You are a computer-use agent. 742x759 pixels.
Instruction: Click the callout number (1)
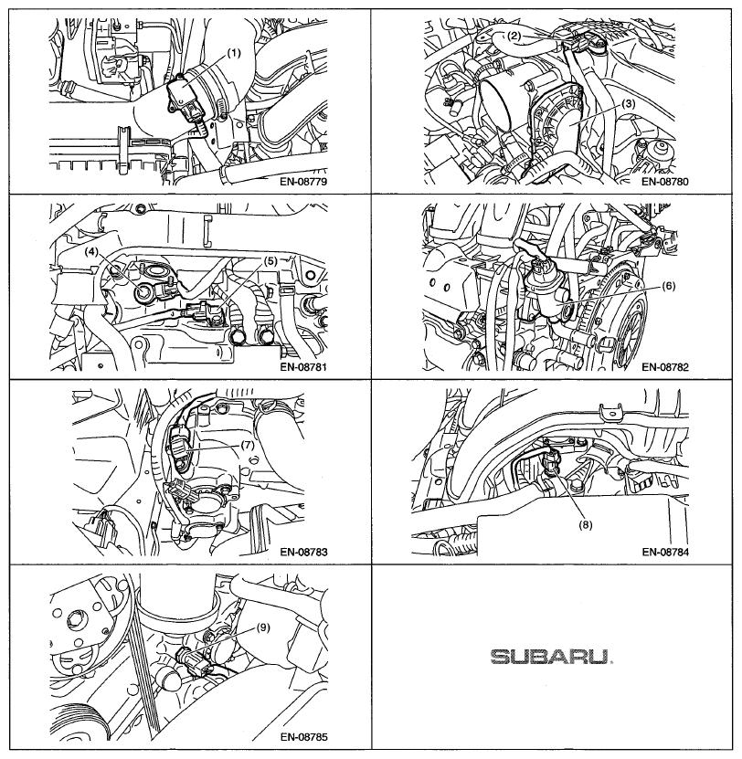coord(233,53)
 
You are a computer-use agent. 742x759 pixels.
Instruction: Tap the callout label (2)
coord(514,36)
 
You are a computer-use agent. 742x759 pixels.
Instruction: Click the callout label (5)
coord(270,261)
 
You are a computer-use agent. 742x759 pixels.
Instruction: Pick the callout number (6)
coord(668,286)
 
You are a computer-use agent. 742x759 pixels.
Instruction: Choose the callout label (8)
coord(586,523)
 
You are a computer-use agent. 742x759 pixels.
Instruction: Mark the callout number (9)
coord(262,627)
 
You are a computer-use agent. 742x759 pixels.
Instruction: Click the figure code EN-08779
coord(303,182)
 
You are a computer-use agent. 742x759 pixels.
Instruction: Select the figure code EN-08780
coord(665,182)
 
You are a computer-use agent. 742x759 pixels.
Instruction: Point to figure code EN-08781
coord(303,366)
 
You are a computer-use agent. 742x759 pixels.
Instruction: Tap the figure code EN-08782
coord(665,366)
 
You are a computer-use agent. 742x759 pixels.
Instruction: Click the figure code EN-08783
coord(303,552)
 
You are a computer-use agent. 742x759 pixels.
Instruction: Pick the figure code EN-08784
coord(665,552)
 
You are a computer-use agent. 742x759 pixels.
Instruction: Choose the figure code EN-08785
coord(303,737)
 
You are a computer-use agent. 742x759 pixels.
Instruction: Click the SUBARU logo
coord(551,657)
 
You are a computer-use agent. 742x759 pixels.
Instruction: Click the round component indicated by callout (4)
coord(144,293)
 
